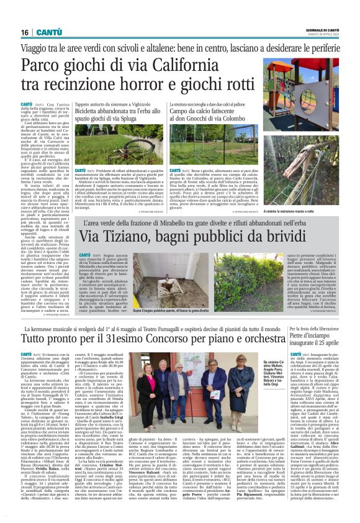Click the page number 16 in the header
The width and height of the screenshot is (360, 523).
click(24, 32)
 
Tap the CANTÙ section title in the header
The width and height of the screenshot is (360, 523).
click(48, 32)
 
